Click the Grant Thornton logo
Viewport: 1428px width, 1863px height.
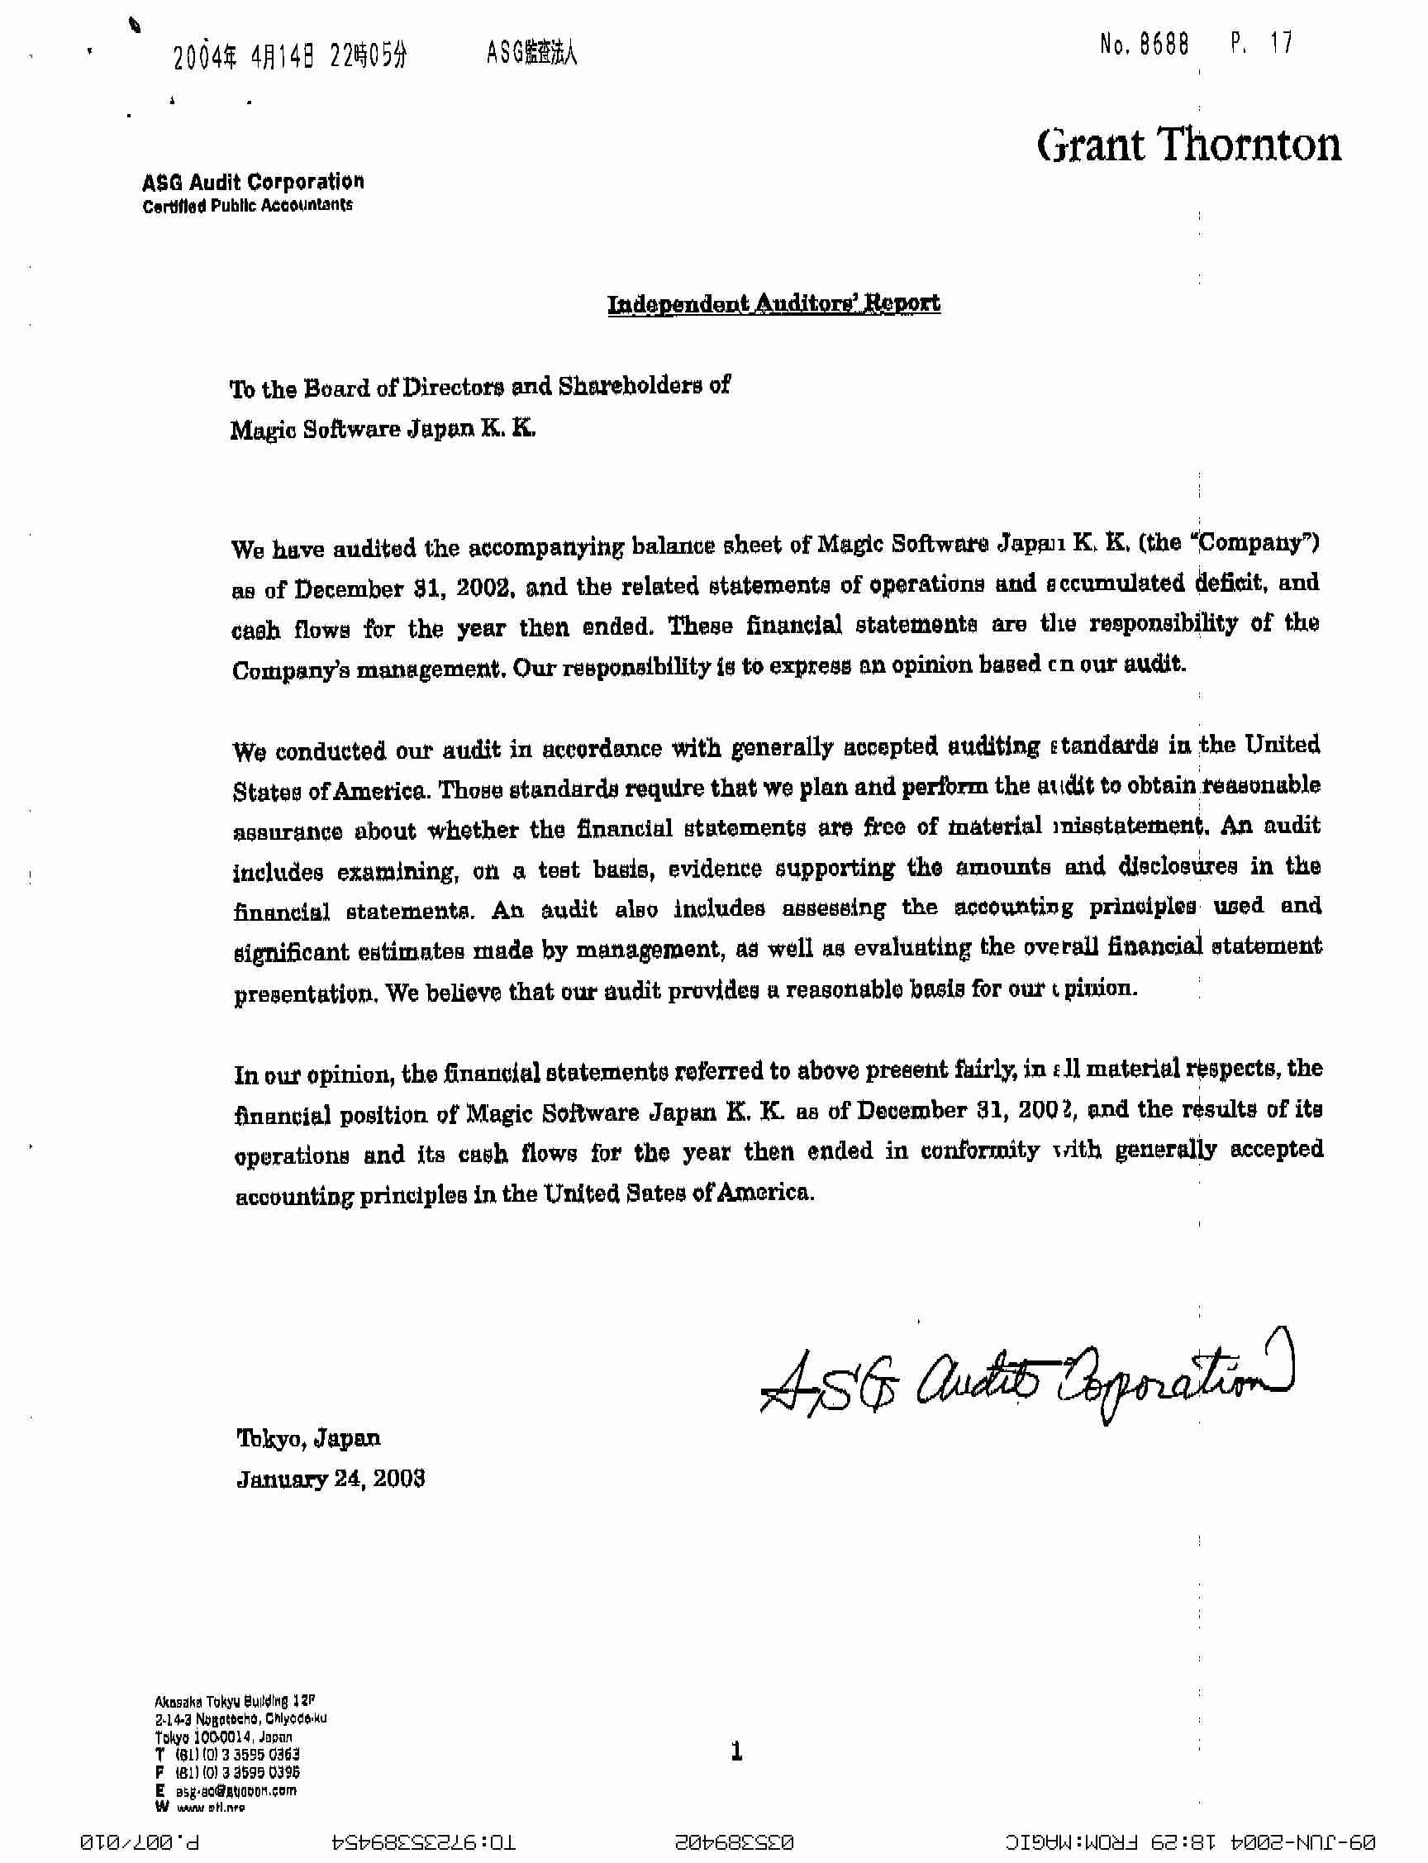[x=1188, y=145]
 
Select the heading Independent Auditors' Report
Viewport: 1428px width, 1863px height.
[x=773, y=303]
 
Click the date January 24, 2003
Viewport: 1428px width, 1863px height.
[x=331, y=1479]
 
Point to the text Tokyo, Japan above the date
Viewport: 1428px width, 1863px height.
[x=308, y=1438]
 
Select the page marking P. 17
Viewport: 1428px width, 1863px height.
[x=1261, y=42]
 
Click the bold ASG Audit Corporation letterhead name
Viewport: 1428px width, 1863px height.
[x=254, y=182]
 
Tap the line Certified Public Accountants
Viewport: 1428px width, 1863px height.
[x=247, y=206]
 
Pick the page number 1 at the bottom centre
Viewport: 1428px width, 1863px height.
[x=736, y=1751]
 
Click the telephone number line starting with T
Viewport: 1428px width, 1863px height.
[x=228, y=1753]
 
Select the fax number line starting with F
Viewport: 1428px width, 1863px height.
[x=228, y=1772]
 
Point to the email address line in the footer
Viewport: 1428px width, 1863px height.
[x=228, y=1790]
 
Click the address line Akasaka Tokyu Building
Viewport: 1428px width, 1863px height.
[x=235, y=1701]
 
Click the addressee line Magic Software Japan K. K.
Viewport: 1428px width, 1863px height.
[x=383, y=428]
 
